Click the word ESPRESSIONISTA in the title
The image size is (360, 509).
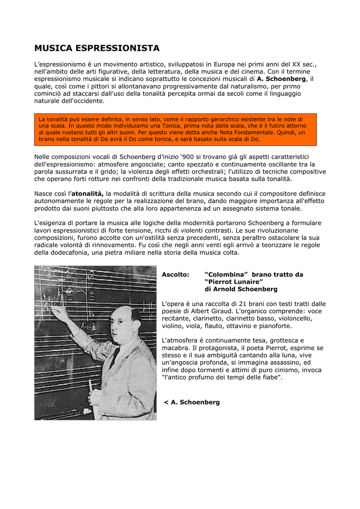tap(119, 48)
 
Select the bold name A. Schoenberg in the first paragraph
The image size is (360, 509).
tap(281, 79)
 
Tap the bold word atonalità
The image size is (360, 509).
tap(88, 193)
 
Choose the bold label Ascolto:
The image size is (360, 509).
tap(176, 275)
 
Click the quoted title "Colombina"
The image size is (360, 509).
tap(226, 275)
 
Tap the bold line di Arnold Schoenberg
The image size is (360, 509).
tap(241, 289)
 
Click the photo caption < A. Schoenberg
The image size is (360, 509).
tap(191, 402)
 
